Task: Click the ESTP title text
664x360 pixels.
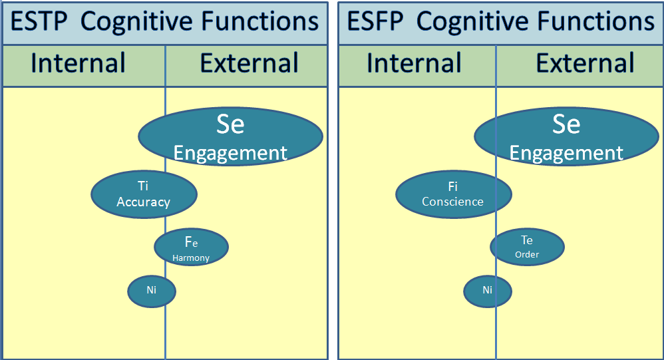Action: click(x=164, y=21)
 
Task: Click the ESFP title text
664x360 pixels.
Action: click(x=500, y=21)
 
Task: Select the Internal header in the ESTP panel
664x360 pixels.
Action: click(x=78, y=63)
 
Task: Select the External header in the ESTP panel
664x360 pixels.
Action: click(x=249, y=63)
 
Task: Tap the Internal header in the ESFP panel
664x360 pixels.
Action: click(x=414, y=63)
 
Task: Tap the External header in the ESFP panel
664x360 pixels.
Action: click(x=585, y=63)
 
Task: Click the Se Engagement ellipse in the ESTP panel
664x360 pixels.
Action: click(x=230, y=136)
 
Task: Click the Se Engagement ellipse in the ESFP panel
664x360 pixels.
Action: click(x=567, y=136)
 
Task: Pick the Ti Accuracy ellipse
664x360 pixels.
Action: click(x=144, y=194)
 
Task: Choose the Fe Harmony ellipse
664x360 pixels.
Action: click(x=192, y=247)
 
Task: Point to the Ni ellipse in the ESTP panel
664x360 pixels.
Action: click(x=152, y=291)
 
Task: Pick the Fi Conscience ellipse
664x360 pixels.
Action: click(x=454, y=194)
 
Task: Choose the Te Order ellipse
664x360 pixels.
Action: click(x=527, y=247)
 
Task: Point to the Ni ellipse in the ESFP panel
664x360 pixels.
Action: click(x=488, y=291)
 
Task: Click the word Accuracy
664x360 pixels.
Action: click(x=144, y=202)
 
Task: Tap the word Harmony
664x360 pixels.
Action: click(x=191, y=258)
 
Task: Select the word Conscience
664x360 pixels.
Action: click(x=452, y=202)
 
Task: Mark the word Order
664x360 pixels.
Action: click(x=527, y=255)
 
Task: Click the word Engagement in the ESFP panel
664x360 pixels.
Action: click(x=566, y=153)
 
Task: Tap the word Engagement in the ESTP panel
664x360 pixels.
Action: click(x=230, y=153)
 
